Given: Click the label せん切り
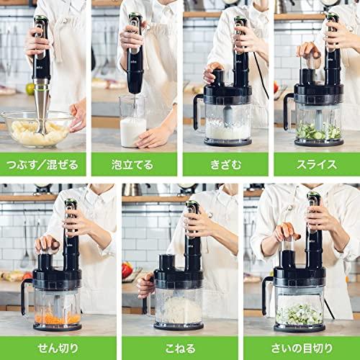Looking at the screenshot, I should (57, 348).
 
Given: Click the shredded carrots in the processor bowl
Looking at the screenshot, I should (57, 318).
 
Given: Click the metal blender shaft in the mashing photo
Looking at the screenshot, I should (42, 101).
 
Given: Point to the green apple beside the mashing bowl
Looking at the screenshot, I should (30, 89).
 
